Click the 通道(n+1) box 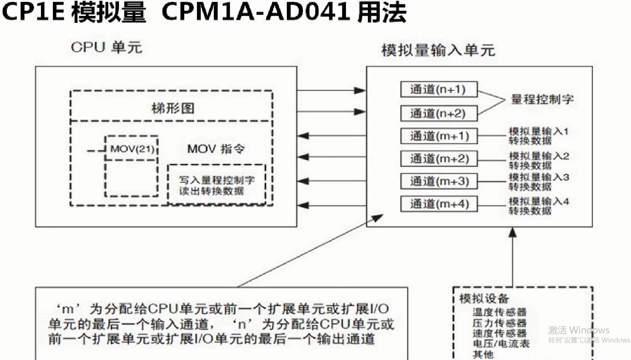(x=439, y=89)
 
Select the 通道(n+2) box (x=439, y=113)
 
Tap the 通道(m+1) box (x=439, y=136)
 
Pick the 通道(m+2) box (x=439, y=159)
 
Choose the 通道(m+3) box (x=439, y=181)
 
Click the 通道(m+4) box (x=439, y=204)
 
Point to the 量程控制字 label (x=542, y=99)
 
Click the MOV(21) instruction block (x=132, y=149)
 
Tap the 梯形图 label (x=173, y=108)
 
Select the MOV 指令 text (x=216, y=149)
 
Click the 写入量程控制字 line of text (x=216, y=180)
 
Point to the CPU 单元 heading (x=106, y=48)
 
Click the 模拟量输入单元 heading (x=438, y=50)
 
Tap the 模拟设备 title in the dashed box (x=484, y=299)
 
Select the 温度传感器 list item (x=499, y=312)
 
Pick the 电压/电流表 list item (x=501, y=344)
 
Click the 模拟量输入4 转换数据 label (x=539, y=206)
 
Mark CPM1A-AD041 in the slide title (x=255, y=12)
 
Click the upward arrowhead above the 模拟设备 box (x=513, y=232)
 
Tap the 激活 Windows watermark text (x=578, y=330)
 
